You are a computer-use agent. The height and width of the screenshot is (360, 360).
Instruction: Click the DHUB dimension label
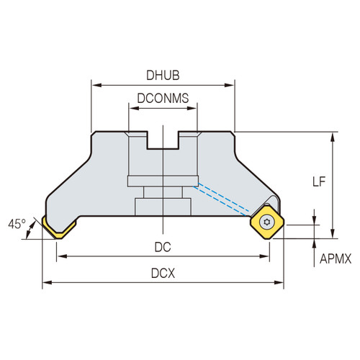pyautogui.click(x=163, y=73)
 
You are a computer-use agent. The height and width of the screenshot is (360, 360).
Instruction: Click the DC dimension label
pyautogui.click(x=163, y=246)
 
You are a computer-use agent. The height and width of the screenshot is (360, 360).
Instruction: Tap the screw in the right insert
pyautogui.click(x=269, y=222)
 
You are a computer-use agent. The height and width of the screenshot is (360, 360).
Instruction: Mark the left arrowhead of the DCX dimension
pyautogui.click(x=45, y=282)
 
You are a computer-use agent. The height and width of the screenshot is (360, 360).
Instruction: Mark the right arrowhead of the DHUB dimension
pyautogui.click(x=231, y=85)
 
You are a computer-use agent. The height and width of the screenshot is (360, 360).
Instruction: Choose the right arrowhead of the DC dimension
pyautogui.click(x=266, y=256)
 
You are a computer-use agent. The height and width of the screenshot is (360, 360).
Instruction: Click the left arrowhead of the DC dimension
pyautogui.click(x=60, y=256)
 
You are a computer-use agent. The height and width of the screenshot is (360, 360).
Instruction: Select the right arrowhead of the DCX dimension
pyautogui.click(x=280, y=282)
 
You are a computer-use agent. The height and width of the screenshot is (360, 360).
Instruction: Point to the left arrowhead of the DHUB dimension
pyautogui.click(x=94, y=85)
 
